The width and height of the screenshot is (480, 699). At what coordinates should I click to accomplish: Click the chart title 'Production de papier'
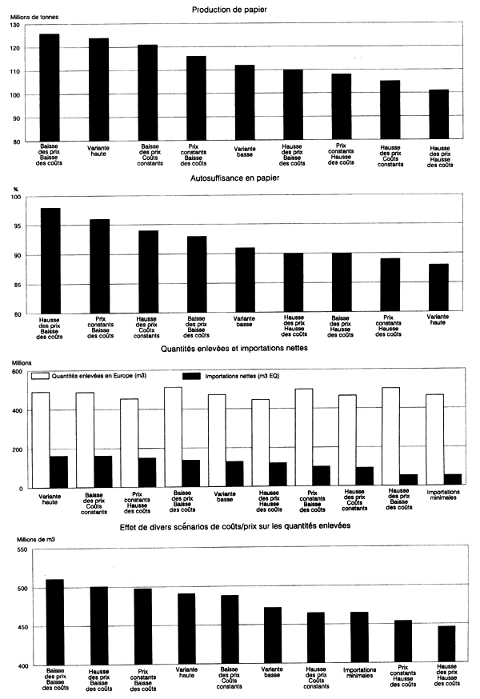point(240,10)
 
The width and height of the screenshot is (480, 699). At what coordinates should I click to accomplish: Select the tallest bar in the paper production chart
point(50,88)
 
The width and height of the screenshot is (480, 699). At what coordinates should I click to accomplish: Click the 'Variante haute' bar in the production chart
point(99,90)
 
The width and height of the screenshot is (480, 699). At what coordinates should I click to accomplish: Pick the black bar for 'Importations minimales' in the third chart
point(454,480)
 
